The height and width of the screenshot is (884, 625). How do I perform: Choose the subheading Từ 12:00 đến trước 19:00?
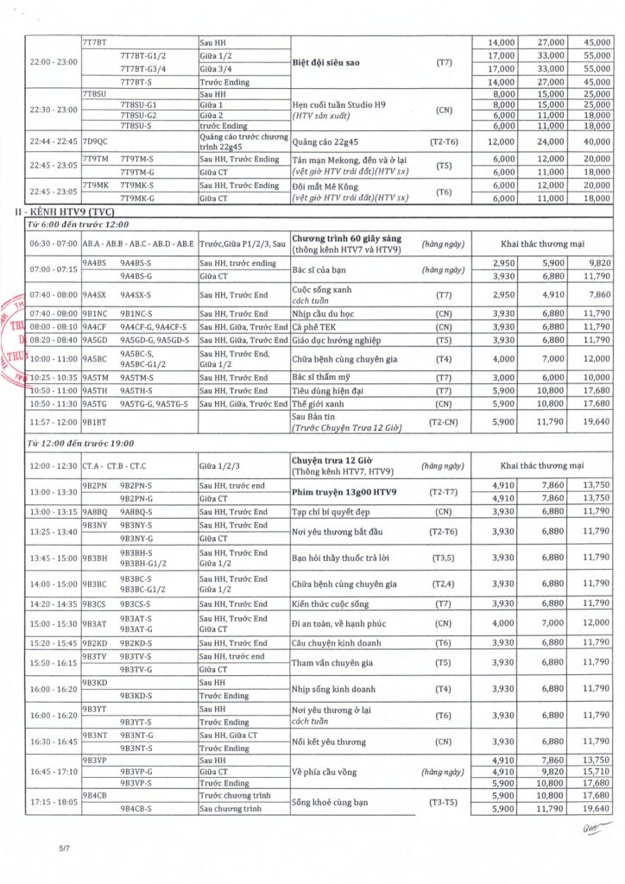pos(81,443)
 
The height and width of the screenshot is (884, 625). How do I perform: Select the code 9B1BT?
pos(94,422)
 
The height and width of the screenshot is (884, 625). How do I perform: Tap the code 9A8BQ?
pos(95,511)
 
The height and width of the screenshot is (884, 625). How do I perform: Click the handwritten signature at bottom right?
pos(590,830)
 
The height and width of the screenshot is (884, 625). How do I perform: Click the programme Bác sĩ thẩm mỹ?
pos(324,377)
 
